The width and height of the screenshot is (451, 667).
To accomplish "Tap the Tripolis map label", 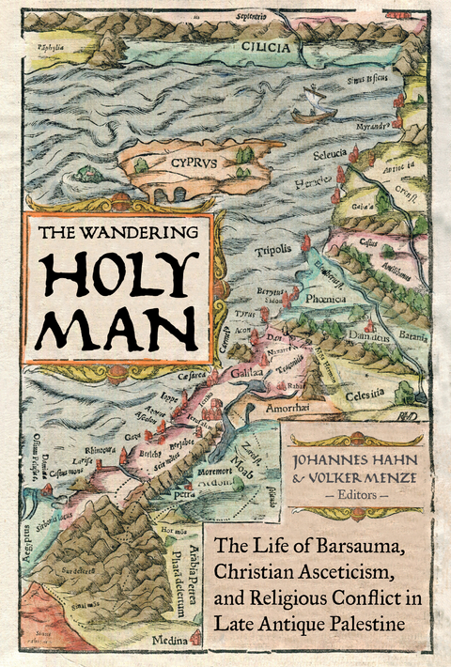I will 272,250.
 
